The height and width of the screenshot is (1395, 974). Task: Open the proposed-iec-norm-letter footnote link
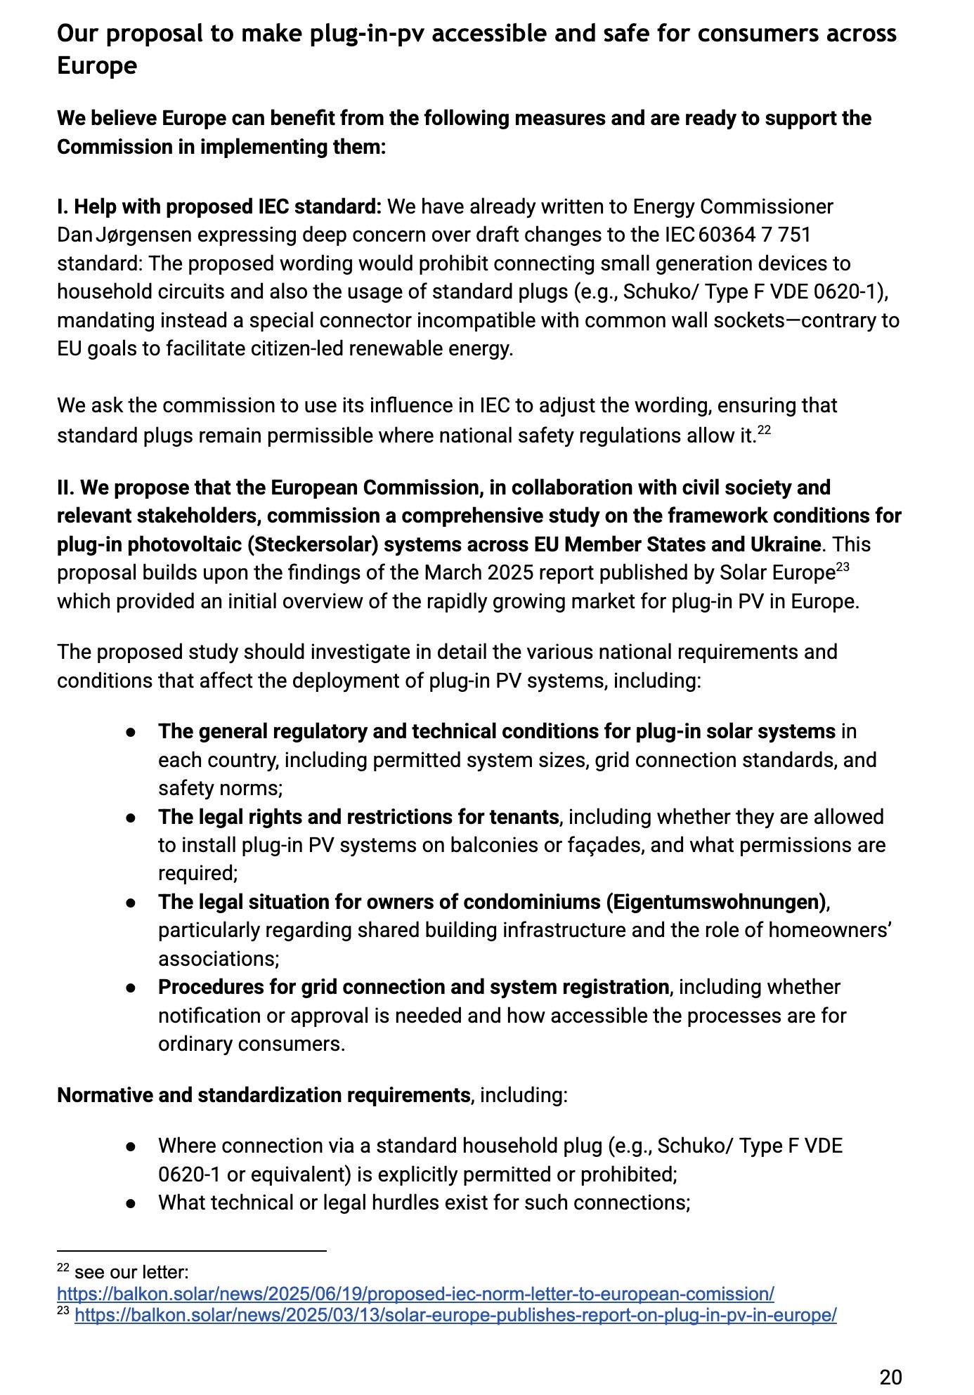coord(415,1294)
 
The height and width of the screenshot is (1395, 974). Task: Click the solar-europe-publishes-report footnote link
coord(455,1315)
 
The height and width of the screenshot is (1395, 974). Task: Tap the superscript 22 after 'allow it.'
coord(764,430)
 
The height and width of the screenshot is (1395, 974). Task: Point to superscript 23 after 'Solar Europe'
coord(843,567)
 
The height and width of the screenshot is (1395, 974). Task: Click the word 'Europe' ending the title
coord(97,66)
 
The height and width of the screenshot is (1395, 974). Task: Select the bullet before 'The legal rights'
coord(131,818)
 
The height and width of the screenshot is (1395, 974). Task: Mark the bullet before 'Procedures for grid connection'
coord(131,988)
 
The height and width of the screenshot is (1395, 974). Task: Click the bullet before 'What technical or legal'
coord(131,1203)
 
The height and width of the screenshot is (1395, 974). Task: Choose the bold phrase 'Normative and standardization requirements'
coord(264,1095)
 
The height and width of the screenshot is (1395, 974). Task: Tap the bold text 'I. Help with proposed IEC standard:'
coord(219,207)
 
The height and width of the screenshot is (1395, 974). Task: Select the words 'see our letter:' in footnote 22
coord(131,1272)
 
